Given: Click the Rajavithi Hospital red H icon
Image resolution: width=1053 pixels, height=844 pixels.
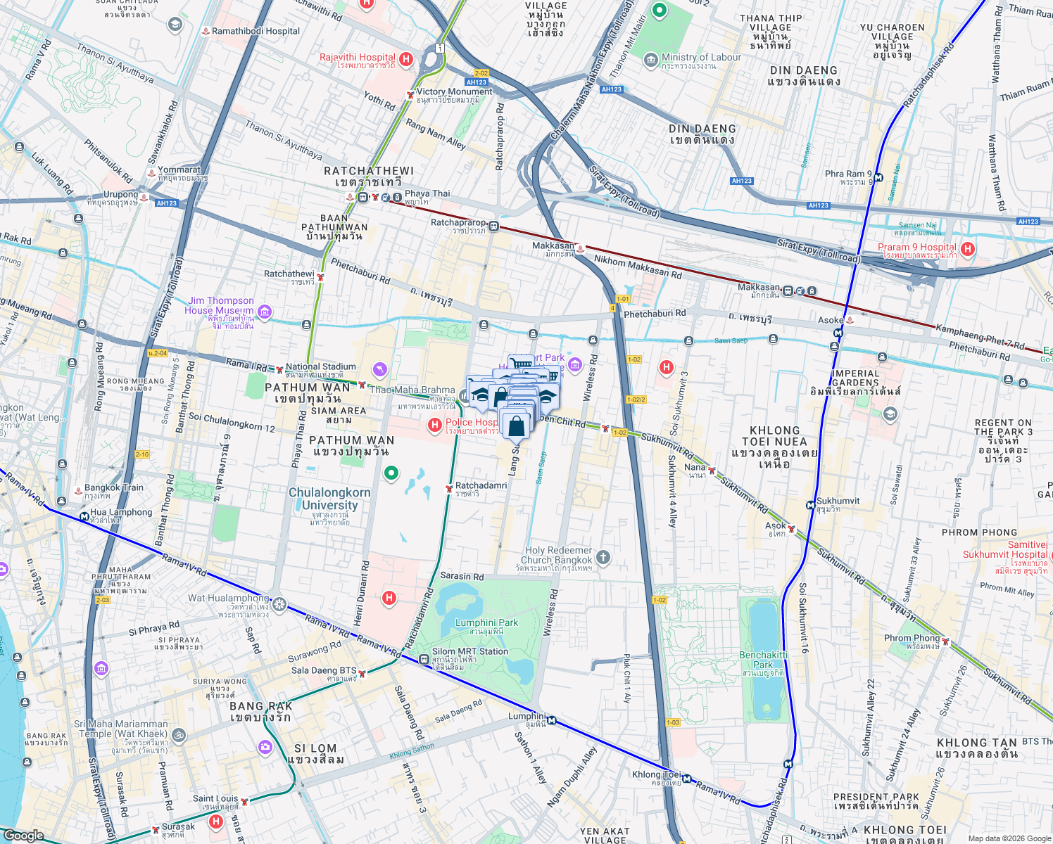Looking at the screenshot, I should [405, 59].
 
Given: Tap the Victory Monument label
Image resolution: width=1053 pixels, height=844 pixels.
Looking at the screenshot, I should [454, 92].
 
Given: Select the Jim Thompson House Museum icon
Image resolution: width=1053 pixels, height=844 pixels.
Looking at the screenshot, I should [265, 311].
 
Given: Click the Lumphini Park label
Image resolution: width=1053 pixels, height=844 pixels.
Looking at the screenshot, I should [486, 623].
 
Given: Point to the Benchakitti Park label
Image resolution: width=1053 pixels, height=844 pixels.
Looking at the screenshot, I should [763, 660].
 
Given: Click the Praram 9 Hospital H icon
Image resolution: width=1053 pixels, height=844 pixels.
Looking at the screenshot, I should [968, 248].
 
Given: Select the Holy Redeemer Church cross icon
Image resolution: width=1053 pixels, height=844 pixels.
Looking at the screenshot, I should [603, 558].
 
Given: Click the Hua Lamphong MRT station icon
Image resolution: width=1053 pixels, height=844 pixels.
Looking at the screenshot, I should [84, 517].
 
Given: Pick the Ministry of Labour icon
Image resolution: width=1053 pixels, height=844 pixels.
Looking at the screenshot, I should [651, 60].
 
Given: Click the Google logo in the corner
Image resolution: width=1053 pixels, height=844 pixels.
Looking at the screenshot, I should [23, 835].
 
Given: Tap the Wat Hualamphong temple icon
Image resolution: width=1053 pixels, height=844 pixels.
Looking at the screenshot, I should [279, 604].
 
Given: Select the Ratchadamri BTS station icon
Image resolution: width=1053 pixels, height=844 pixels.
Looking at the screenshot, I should [449, 488].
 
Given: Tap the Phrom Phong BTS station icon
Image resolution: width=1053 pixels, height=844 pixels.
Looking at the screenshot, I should [946, 641].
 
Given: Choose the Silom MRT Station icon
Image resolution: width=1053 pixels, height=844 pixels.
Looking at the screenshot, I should [424, 659].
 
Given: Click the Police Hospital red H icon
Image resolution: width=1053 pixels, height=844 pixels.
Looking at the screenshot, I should [435, 424].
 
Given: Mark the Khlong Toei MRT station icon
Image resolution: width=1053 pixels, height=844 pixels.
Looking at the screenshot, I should [686, 779].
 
